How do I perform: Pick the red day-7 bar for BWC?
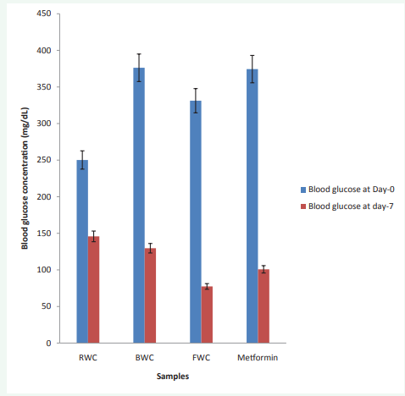[x=150, y=295]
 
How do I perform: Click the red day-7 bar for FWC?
[x=207, y=315]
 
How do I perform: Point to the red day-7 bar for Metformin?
[x=264, y=305]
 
